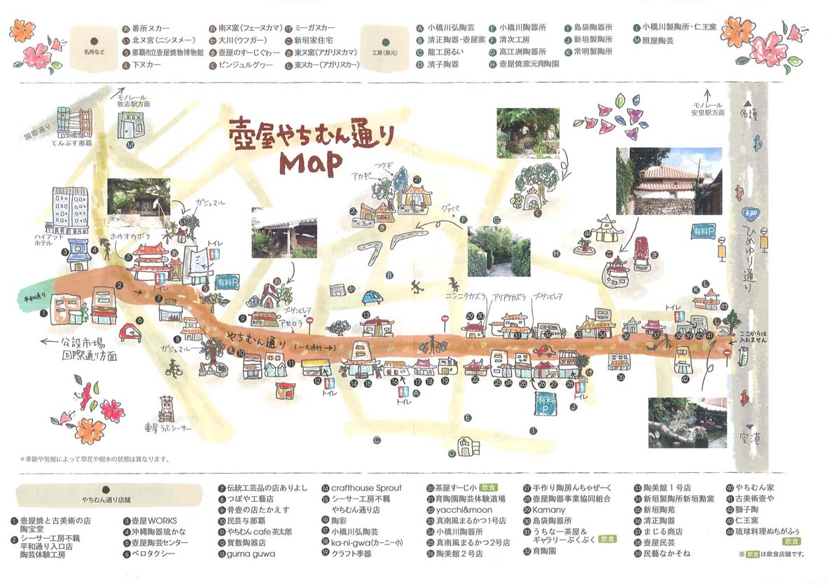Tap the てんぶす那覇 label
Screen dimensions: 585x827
coord(69,142)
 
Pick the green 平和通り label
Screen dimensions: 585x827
coord(30,297)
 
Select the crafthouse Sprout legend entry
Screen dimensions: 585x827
coord(362,488)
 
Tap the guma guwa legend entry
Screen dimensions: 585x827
coord(250,553)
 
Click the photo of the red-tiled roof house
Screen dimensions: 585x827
coord(668,181)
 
